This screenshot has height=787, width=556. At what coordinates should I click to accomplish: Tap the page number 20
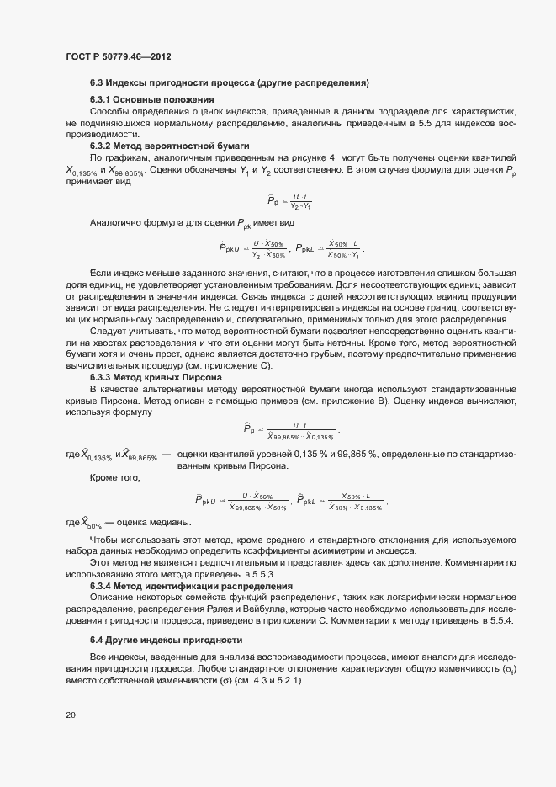pos(71,715)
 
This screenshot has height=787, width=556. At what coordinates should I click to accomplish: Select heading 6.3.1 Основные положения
pos(140,99)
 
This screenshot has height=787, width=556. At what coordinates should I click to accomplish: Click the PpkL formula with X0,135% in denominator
pos(342,503)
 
